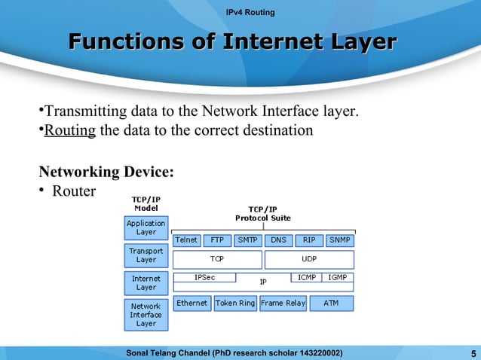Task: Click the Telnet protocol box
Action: tap(187, 241)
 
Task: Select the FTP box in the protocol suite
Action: tap(217, 241)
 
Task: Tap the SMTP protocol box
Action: tap(247, 241)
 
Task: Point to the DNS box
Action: tap(278, 241)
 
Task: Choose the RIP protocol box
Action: tap(308, 241)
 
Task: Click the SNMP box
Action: tap(339, 241)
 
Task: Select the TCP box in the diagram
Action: tap(217, 259)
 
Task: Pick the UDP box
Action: tap(309, 259)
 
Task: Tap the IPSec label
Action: tap(204, 277)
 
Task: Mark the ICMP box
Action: tap(307, 277)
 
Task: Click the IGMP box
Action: tap(338, 277)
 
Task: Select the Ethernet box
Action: tap(192, 303)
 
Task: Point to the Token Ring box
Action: tap(235, 303)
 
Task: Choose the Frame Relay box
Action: tap(283, 303)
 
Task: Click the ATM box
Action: tap(331, 303)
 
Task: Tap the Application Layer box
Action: tap(146, 227)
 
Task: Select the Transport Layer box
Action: tap(146, 255)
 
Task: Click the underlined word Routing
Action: tap(70, 131)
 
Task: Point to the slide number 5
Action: tap(472, 353)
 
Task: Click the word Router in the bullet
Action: tap(74, 191)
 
